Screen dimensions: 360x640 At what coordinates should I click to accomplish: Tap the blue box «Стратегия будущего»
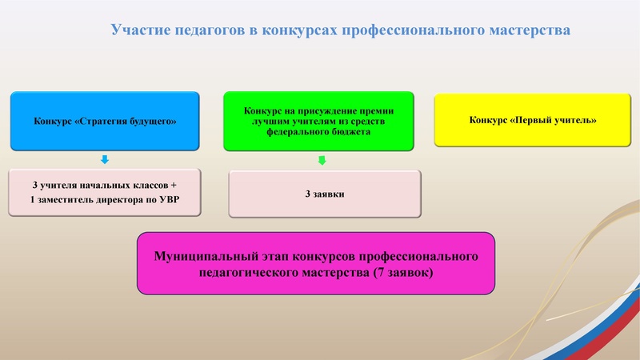click(x=105, y=121)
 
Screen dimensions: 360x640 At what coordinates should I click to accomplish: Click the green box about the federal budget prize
click(x=318, y=121)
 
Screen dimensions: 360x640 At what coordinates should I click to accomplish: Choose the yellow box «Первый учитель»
click(x=532, y=121)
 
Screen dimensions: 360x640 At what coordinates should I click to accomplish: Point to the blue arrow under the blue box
click(x=105, y=159)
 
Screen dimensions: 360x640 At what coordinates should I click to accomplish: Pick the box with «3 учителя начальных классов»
click(x=105, y=193)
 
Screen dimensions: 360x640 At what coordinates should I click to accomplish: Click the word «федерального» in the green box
click(x=289, y=133)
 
